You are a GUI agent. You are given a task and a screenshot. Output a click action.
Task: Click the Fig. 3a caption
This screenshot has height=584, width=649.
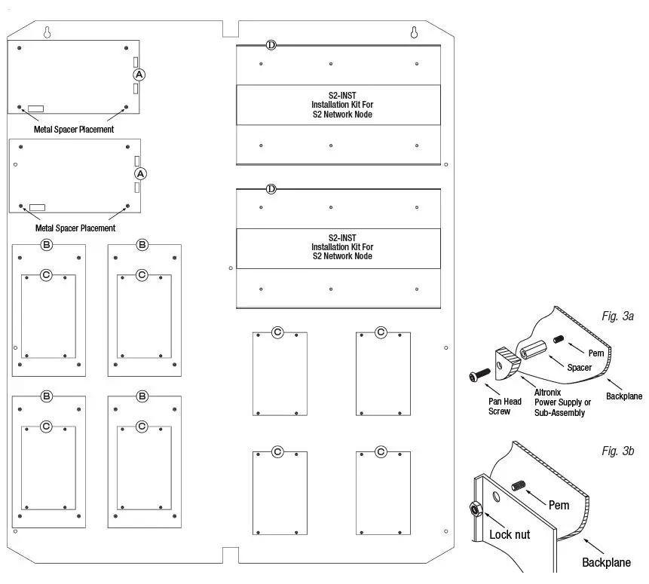[618, 316]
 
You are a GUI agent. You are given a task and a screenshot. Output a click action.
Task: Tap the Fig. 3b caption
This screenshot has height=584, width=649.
[618, 451]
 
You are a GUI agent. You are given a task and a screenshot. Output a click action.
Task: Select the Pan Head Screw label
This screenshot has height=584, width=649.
[494, 407]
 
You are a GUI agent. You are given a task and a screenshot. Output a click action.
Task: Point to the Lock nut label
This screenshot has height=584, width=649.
[511, 534]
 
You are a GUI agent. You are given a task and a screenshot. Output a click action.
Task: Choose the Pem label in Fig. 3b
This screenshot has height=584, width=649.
[559, 505]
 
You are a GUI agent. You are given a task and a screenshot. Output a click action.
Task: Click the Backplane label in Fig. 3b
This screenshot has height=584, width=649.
[606, 562]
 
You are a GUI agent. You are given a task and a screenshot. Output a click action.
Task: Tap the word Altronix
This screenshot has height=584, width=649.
[547, 392]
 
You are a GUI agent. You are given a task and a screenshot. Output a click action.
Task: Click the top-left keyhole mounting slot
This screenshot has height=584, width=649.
[47, 32]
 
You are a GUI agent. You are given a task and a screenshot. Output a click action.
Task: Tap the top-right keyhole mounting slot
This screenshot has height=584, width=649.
[414, 32]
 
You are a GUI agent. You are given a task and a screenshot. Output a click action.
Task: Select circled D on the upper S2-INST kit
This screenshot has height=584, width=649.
[271, 46]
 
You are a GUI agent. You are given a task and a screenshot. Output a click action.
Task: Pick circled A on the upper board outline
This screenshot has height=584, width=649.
[139, 75]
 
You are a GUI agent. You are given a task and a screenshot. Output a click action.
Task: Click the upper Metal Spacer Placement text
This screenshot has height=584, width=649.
[74, 129]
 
